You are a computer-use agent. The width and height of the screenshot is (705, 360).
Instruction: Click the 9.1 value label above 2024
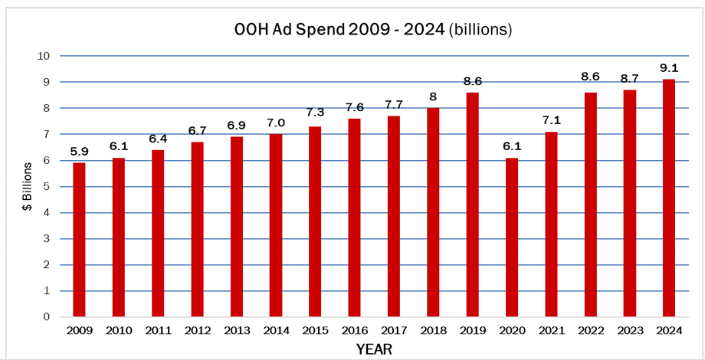tap(668, 67)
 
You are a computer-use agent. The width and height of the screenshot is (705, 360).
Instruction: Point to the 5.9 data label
tap(79, 151)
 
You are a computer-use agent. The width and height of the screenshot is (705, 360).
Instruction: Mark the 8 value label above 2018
tap(432, 96)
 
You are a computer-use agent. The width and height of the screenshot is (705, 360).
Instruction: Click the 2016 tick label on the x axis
tap(354, 330)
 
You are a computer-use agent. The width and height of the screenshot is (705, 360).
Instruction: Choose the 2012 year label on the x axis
tap(197, 330)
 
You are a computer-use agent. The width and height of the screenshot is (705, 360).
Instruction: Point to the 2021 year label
tap(550, 330)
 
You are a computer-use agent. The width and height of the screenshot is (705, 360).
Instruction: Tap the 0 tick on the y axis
tap(47, 317)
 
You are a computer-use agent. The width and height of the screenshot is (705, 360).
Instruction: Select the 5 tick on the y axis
tap(47, 187)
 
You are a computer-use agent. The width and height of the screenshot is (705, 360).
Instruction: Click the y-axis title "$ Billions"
tap(28, 186)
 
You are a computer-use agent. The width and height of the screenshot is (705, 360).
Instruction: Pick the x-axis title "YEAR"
tap(373, 349)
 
